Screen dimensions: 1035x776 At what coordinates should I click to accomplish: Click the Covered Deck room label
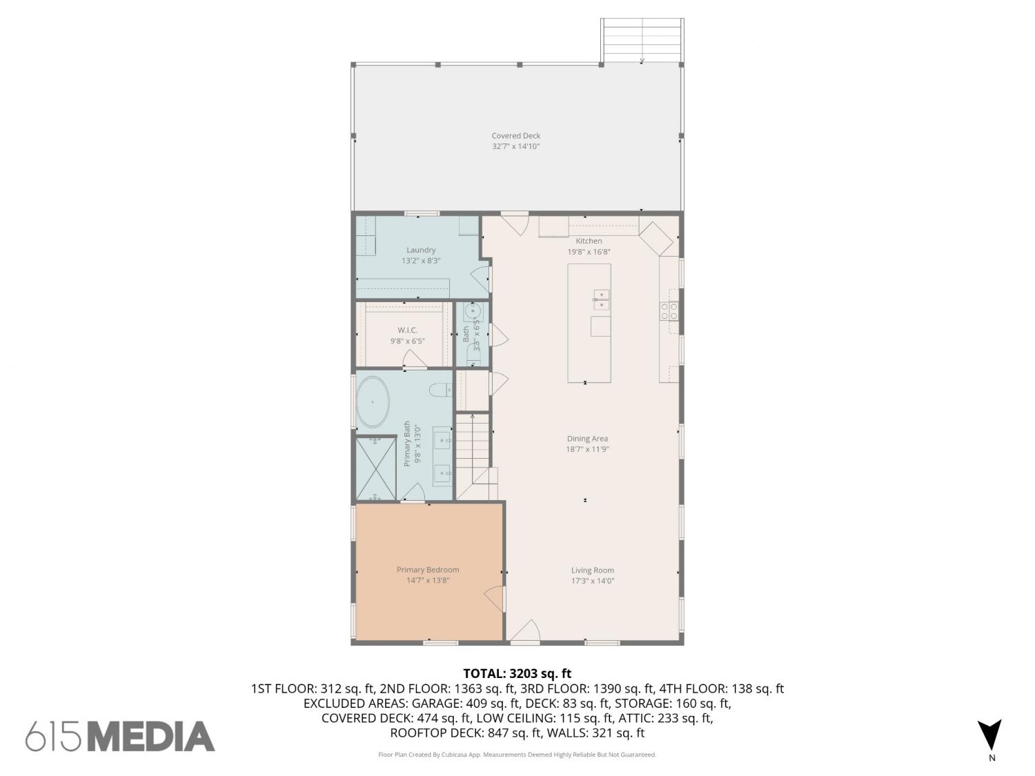click(516, 136)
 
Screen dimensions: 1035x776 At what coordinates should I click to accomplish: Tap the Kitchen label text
click(589, 241)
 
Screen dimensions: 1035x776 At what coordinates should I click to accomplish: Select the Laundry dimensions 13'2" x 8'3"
click(421, 261)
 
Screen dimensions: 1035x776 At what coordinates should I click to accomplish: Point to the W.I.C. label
click(407, 330)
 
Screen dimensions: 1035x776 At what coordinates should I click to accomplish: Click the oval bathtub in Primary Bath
click(373, 402)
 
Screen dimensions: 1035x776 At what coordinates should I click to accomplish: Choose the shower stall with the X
click(376, 469)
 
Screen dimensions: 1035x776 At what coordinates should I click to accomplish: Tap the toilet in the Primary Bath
click(440, 390)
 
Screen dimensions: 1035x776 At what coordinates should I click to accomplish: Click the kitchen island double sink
click(601, 299)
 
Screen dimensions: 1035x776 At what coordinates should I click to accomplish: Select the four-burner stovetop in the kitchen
click(669, 311)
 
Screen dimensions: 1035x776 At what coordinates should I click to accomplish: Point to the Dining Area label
click(587, 439)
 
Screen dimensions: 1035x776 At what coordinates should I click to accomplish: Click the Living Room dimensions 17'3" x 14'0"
click(593, 581)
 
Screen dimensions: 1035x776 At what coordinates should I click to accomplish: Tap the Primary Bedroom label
click(428, 570)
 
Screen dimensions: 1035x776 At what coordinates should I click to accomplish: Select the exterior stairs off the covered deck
click(642, 41)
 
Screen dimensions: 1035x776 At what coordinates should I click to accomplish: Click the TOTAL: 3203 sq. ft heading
click(517, 673)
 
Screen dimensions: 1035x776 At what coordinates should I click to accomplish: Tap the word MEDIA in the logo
click(152, 736)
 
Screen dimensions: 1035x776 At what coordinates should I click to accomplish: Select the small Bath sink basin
click(473, 312)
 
